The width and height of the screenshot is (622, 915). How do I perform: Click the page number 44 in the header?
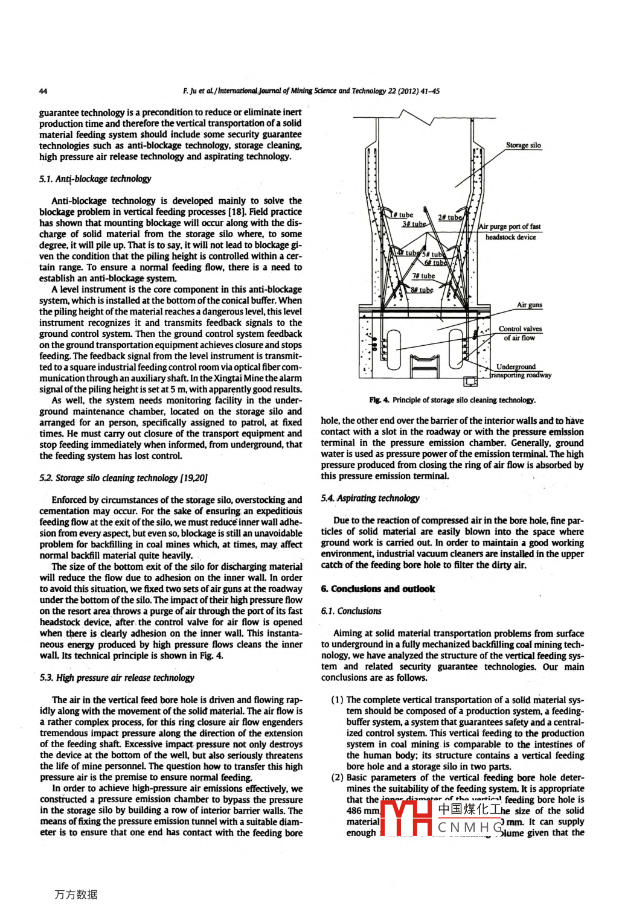click(43, 91)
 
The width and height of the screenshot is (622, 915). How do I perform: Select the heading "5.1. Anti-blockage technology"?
click(95, 179)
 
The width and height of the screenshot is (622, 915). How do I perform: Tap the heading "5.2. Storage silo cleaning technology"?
click(123, 478)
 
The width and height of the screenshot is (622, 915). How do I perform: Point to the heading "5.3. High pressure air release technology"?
click(117, 678)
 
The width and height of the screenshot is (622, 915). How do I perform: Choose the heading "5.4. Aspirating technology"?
click(370, 498)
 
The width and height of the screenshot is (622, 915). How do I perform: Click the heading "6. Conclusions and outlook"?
click(377, 588)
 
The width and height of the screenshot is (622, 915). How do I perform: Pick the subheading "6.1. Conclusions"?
click(351, 611)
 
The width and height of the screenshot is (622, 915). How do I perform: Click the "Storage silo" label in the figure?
click(523, 145)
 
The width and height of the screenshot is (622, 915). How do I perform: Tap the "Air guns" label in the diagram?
click(529, 305)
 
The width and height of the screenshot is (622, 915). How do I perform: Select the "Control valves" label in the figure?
click(520, 329)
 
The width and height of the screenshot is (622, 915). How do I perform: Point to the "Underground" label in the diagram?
click(516, 366)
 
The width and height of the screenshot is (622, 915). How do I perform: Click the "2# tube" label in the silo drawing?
click(450, 217)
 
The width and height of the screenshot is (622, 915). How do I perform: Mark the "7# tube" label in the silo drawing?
click(423, 276)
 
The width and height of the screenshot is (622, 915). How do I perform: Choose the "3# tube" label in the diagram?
click(414, 224)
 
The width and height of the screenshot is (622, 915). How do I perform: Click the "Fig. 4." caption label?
click(379, 400)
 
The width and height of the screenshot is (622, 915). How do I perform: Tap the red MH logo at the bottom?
click(406, 818)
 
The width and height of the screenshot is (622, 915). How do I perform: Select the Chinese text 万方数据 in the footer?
click(76, 894)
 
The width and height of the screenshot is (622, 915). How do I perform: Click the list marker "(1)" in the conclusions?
click(337, 700)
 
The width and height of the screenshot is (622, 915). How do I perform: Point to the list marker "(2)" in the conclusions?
click(337, 777)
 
